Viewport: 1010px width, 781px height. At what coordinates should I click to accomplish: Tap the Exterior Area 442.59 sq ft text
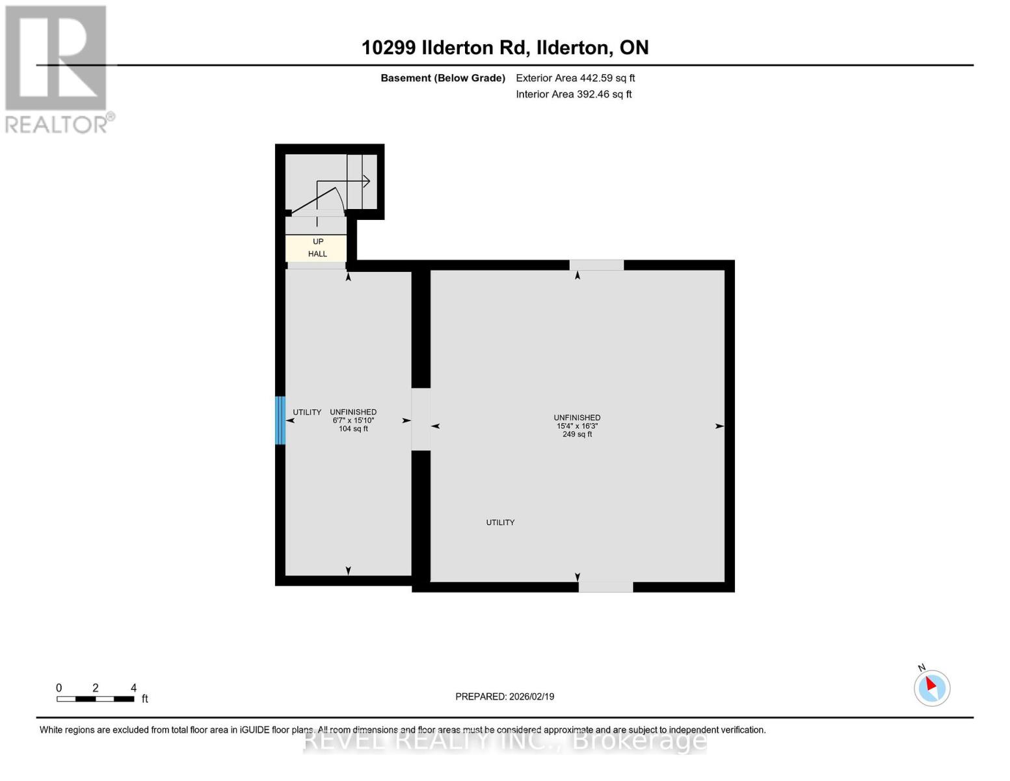tap(575, 78)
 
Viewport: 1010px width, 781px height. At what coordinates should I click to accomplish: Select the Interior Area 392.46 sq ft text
tap(574, 94)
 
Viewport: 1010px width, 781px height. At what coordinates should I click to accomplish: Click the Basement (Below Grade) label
tap(442, 78)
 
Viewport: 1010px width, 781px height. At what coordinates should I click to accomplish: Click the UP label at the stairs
tap(318, 241)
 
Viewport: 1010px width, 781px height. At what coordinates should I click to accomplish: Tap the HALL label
tap(317, 254)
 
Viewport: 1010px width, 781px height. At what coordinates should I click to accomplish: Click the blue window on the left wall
tap(280, 420)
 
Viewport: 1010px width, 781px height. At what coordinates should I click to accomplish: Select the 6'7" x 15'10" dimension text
tap(353, 420)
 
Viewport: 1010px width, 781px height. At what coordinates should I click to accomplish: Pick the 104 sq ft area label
tap(353, 429)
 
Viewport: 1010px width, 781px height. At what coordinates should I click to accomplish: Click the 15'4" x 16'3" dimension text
tap(577, 426)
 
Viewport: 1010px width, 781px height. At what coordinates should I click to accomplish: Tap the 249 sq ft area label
tap(577, 435)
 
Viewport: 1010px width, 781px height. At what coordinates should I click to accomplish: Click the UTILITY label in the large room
tap(500, 523)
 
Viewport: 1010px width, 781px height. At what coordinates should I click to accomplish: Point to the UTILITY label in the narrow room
tap(307, 413)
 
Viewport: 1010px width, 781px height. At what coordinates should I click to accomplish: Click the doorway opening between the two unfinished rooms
tap(421, 419)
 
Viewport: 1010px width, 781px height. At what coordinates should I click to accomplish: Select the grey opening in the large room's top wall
tap(596, 265)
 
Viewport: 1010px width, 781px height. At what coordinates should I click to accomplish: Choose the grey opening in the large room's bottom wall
tap(605, 587)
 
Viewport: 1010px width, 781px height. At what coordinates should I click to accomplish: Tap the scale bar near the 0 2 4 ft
tap(95, 699)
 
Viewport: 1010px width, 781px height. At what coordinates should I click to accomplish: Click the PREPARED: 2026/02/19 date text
tap(505, 696)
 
